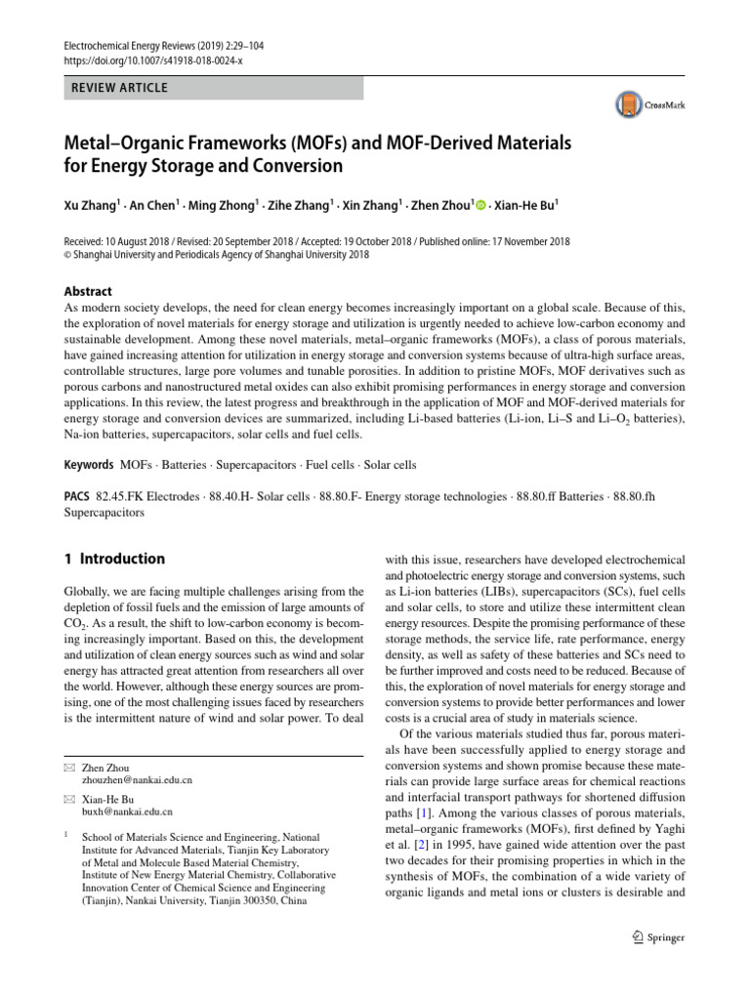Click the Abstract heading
point(88,291)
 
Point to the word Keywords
point(88,465)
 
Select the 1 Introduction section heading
point(114,560)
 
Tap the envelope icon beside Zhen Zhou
point(67,768)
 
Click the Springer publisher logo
point(653,938)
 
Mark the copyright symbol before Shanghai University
point(66,255)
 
